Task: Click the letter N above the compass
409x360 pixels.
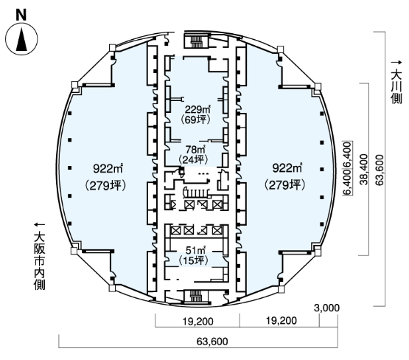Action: (21, 15)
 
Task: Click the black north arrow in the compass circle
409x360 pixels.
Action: (21, 39)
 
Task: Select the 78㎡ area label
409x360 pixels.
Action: (195, 150)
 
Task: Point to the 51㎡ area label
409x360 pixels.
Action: (195, 250)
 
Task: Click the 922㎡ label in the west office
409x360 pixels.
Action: (108, 169)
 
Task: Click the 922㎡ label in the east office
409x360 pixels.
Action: (287, 168)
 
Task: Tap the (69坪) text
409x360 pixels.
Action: (195, 120)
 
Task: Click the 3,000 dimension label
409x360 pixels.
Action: (327, 308)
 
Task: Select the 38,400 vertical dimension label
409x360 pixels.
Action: (363, 170)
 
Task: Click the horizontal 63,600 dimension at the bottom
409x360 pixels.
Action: (212, 342)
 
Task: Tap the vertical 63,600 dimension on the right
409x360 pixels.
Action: (380, 170)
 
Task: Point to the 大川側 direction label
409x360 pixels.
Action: (396, 83)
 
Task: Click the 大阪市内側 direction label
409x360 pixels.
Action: (39, 257)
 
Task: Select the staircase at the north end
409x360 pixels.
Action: (196, 41)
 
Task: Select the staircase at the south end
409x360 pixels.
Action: (196, 296)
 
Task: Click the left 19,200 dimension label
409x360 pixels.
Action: (197, 322)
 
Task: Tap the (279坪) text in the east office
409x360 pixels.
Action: (285, 185)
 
